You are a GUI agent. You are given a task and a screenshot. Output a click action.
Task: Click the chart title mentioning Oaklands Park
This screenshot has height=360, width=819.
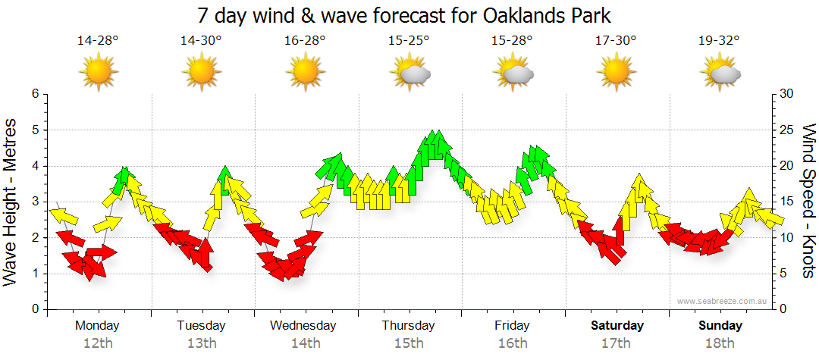[x=404, y=15]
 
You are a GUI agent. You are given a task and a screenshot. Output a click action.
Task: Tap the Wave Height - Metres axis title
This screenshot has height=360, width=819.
[x=11, y=205]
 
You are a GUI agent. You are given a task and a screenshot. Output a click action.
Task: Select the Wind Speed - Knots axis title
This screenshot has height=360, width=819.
[x=808, y=201]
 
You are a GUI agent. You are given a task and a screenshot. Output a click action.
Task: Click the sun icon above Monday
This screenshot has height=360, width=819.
[x=98, y=73]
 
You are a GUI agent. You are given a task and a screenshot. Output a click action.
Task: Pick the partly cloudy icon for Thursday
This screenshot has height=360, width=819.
[x=409, y=73]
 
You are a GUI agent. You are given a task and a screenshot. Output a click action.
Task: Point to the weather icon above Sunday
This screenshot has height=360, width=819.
[x=720, y=73]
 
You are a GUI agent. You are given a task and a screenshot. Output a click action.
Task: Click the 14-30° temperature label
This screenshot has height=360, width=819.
[x=201, y=40]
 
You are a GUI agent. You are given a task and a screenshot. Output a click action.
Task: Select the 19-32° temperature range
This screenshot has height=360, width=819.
[x=719, y=40]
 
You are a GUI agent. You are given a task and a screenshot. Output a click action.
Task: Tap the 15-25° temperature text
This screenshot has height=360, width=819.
[x=409, y=40]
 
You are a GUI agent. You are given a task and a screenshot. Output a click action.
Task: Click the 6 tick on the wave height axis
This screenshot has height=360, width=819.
[x=33, y=94]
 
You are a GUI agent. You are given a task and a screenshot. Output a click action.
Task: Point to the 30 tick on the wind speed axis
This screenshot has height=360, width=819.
[x=787, y=94]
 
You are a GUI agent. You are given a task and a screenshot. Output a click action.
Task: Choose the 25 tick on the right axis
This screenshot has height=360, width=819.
[x=787, y=130]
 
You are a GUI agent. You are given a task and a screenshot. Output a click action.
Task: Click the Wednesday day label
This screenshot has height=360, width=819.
[x=303, y=326]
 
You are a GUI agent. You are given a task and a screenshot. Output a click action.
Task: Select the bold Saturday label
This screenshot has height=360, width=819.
[x=617, y=326]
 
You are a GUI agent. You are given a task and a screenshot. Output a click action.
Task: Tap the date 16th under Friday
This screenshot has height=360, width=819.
[x=513, y=343]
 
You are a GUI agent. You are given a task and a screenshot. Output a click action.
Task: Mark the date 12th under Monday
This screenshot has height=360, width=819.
[x=98, y=343]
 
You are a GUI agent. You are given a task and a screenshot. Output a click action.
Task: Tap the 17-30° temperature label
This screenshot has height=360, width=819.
[x=616, y=40]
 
